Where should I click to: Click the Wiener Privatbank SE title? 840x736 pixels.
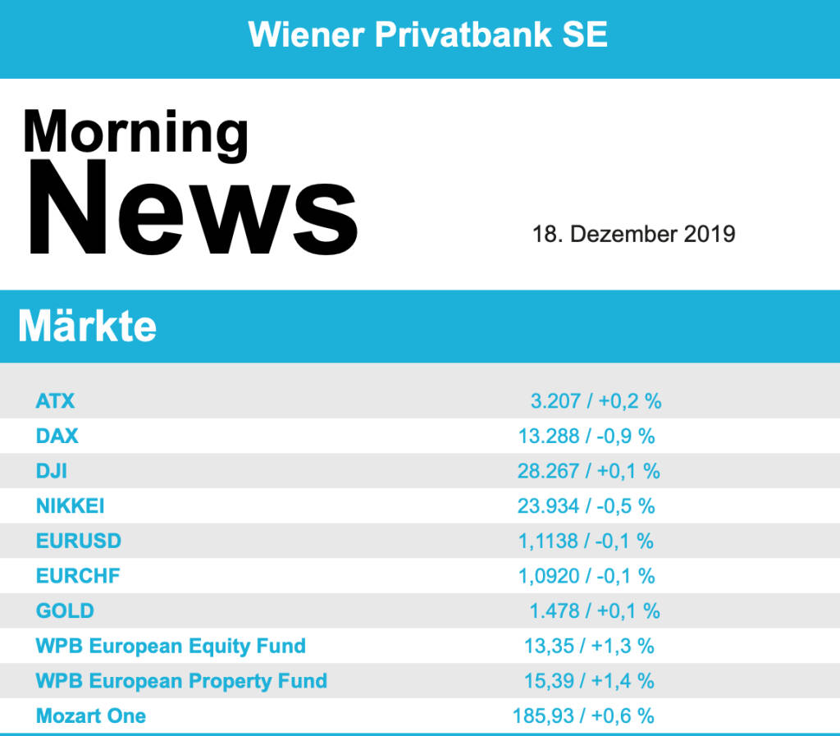point(427,34)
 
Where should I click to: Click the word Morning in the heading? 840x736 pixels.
point(135,131)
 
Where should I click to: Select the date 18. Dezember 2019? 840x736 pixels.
point(633,234)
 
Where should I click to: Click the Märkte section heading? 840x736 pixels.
point(87,327)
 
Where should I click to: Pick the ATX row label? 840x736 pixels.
point(55,401)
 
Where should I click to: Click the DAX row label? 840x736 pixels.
point(57,437)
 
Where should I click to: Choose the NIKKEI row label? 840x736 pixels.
point(70,506)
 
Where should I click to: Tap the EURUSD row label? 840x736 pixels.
point(78,541)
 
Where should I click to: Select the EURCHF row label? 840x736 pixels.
point(78,576)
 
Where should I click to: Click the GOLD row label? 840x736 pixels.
point(65,611)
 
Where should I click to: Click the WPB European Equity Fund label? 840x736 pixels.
point(171,646)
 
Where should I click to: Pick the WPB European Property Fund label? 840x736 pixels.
point(181,681)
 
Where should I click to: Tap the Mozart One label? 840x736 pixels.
point(91,715)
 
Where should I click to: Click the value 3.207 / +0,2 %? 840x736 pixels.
point(596,401)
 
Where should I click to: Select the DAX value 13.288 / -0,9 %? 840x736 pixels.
point(587,437)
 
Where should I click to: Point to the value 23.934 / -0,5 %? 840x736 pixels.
point(587,506)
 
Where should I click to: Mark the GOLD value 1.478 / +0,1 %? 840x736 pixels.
point(595,611)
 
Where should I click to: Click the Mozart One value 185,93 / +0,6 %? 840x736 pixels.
point(583,715)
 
